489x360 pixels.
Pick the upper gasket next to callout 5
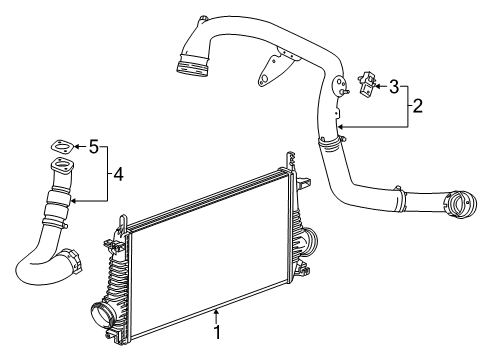coord(62,146)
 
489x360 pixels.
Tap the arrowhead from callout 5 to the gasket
coord(76,148)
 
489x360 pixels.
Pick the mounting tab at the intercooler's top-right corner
coord(290,159)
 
